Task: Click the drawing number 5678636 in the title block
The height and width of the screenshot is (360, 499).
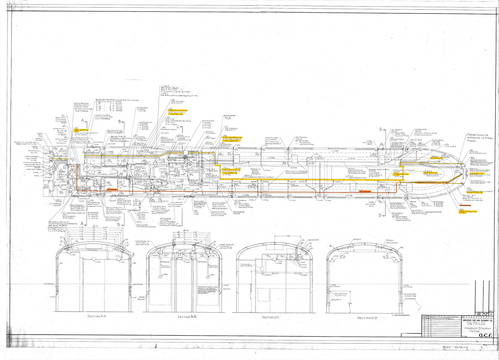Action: [x=476, y=324]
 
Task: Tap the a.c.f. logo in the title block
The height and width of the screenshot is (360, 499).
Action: [x=485, y=335]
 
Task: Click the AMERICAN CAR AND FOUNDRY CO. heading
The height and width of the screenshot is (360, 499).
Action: [x=478, y=320]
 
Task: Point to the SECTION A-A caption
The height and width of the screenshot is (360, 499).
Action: [x=97, y=316]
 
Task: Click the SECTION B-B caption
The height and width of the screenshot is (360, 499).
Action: [x=187, y=317]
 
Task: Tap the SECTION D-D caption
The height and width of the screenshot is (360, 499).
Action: [x=367, y=318]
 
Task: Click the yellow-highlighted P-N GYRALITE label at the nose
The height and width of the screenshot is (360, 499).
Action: [x=476, y=174]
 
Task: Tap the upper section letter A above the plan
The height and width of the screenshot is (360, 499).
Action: [x=83, y=120]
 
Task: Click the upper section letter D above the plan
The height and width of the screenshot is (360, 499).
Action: [x=381, y=129]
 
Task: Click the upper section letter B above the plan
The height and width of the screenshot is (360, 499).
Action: [x=119, y=121]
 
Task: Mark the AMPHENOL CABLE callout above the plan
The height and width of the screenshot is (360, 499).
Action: [x=169, y=129]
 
